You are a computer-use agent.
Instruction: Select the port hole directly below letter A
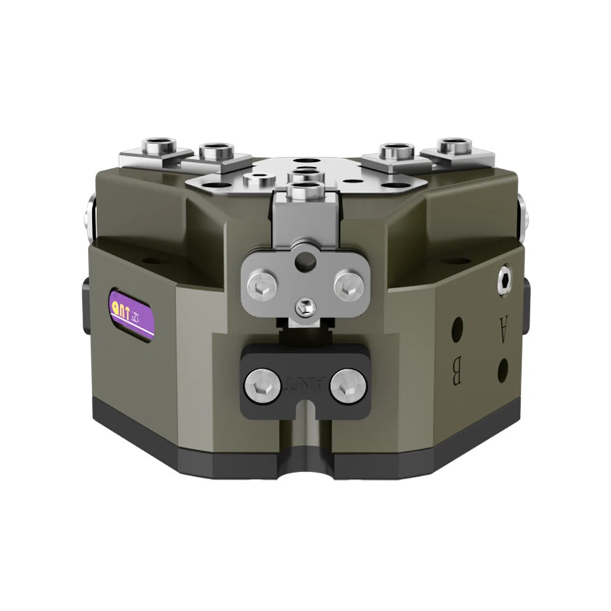tap(503, 370)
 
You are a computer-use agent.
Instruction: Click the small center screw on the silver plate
tap(306, 307)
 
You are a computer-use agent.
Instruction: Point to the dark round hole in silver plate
tap(308, 259)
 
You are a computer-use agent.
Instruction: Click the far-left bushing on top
tap(158, 146)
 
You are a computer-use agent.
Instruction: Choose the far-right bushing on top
tap(455, 146)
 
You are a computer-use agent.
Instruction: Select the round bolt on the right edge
tap(523, 216)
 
